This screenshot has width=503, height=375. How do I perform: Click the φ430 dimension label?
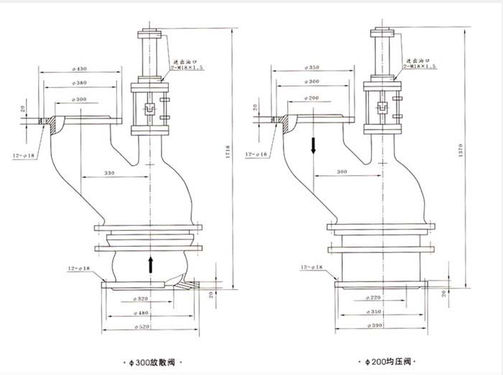click(79, 69)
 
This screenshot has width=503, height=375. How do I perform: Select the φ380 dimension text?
click(79, 83)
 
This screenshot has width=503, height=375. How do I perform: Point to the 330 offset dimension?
click(110, 174)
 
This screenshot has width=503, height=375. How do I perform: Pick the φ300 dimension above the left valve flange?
click(79, 98)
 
